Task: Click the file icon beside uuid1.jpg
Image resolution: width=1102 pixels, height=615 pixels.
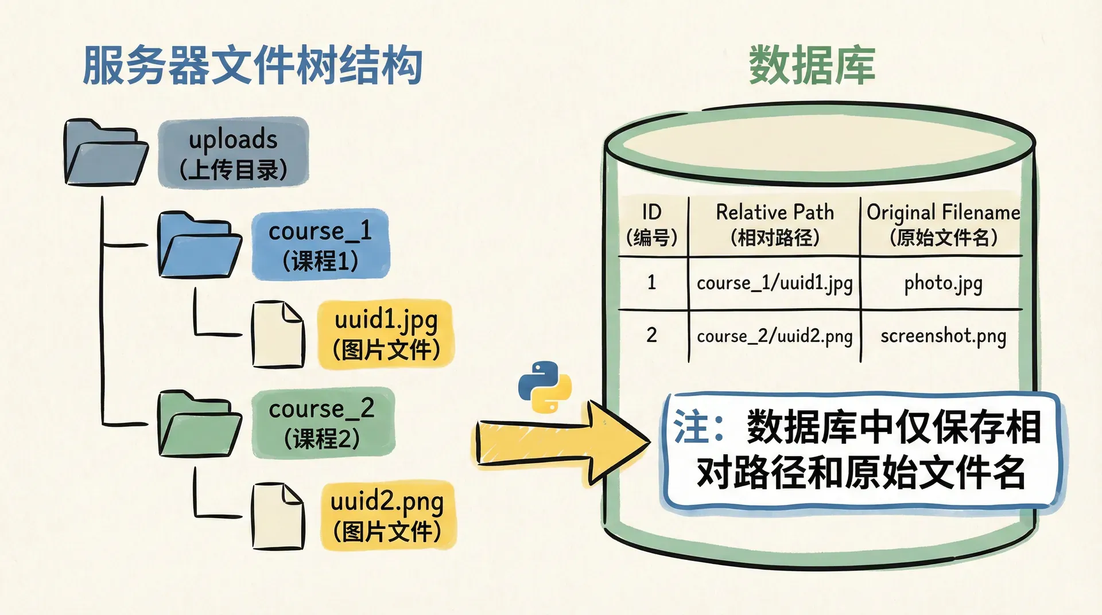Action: click(x=278, y=334)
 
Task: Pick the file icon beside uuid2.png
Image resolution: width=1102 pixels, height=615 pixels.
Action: click(x=278, y=516)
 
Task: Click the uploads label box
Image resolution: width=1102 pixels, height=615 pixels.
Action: click(x=233, y=153)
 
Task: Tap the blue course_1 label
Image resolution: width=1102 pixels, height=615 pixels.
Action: click(x=320, y=245)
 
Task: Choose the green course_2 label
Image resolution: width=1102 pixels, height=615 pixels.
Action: click(x=323, y=423)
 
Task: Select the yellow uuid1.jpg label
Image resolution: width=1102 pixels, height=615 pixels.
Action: click(x=386, y=334)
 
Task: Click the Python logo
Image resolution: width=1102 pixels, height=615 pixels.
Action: click(x=545, y=387)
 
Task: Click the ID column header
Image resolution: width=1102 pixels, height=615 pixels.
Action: click(x=652, y=224)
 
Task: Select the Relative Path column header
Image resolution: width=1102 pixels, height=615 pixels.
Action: click(x=774, y=224)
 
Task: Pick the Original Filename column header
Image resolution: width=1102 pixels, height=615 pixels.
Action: click(x=943, y=224)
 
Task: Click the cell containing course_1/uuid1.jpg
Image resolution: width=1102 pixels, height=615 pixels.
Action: click(x=774, y=283)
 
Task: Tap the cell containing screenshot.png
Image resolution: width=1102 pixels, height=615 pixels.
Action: click(x=943, y=336)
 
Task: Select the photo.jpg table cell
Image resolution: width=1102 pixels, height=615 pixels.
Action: click(x=943, y=283)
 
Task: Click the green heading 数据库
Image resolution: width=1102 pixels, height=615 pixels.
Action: click(x=812, y=66)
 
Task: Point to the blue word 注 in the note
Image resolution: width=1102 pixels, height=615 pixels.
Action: click(x=690, y=427)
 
